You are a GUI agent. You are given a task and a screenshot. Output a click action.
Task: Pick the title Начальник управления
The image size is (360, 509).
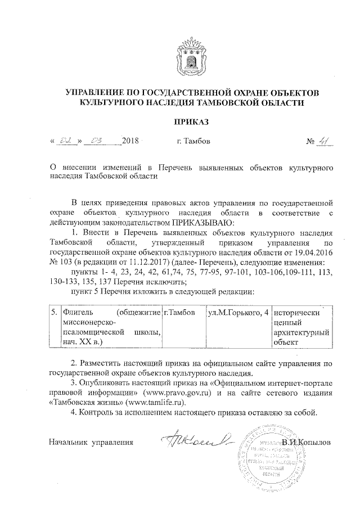click(x=91, y=442)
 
